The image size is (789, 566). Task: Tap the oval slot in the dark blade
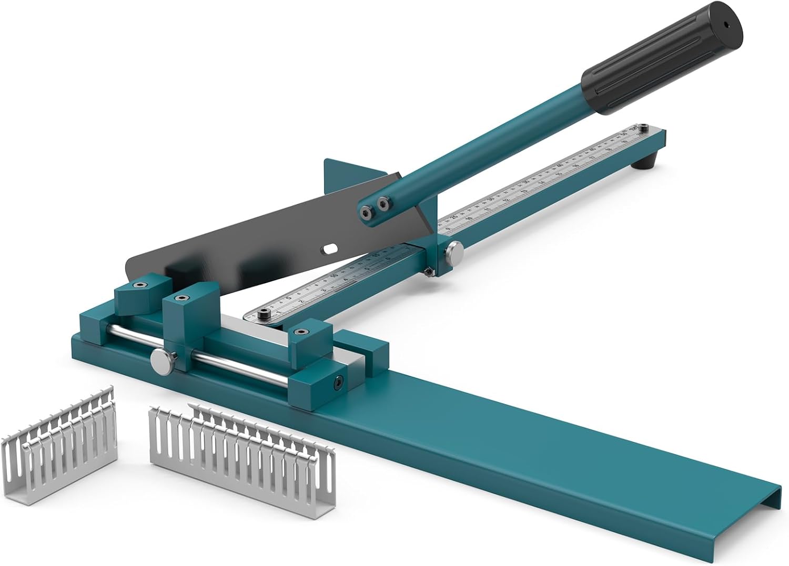(331, 248)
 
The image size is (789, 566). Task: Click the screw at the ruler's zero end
(264, 314)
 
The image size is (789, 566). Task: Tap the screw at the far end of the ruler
(643, 127)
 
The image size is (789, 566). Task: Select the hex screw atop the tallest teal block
(180, 299)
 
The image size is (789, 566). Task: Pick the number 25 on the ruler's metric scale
(454, 218)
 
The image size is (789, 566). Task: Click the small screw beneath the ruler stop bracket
(430, 271)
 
